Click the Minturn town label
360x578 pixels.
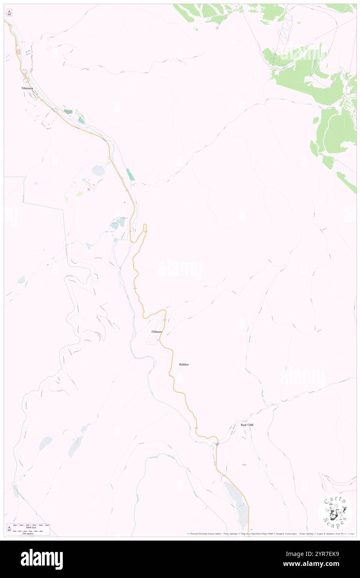[x=27, y=88]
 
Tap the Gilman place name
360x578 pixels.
[x=156, y=331]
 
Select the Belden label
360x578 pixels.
[x=184, y=364]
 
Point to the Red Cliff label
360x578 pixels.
[x=247, y=425]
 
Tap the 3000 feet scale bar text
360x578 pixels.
[x=31, y=527]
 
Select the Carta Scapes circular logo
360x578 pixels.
[x=335, y=512]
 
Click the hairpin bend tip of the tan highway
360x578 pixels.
[x=145, y=225]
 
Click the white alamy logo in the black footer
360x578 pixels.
[x=42, y=559]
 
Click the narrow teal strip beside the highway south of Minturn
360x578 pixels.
[x=131, y=174]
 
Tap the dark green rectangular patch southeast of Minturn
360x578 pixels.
[x=68, y=112]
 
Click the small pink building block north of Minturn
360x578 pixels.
[x=18, y=52]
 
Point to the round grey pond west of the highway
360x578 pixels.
[x=98, y=170]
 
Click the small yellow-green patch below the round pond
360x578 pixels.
[x=79, y=193]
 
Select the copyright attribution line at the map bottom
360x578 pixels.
[x=270, y=534]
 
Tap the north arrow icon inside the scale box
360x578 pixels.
[x=9, y=529]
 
